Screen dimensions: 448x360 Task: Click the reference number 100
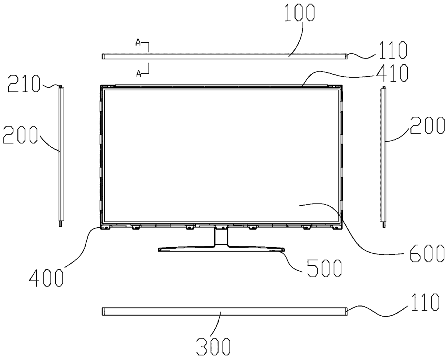point(300,13)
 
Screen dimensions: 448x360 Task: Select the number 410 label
point(392,73)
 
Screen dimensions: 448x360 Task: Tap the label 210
point(24,84)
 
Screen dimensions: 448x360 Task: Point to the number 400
point(46,278)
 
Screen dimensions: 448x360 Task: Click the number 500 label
point(324,268)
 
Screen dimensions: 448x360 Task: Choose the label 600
point(427,253)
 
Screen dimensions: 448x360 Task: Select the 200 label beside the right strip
point(427,125)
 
